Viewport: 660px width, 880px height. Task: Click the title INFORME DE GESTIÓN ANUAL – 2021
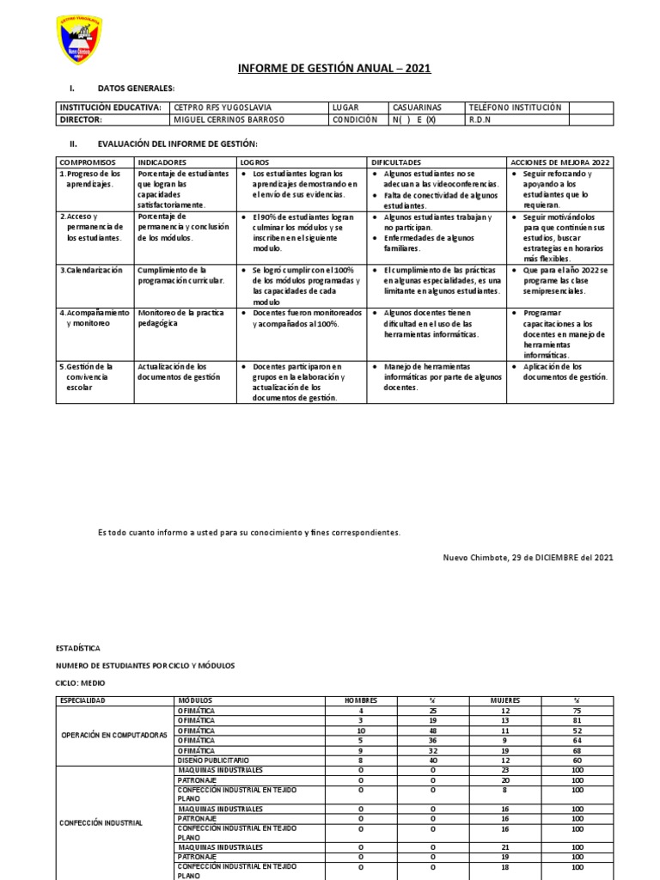(x=333, y=68)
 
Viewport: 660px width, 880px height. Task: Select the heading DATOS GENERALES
(x=136, y=88)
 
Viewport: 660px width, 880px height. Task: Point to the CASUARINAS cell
(x=417, y=107)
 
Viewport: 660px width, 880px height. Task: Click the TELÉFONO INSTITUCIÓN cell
(x=515, y=107)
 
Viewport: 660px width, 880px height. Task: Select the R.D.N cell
(x=480, y=119)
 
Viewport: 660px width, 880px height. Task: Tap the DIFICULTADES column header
(x=396, y=162)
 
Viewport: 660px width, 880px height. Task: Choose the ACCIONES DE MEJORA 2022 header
(x=559, y=162)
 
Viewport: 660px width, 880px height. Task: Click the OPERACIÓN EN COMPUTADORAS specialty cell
(x=113, y=735)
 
